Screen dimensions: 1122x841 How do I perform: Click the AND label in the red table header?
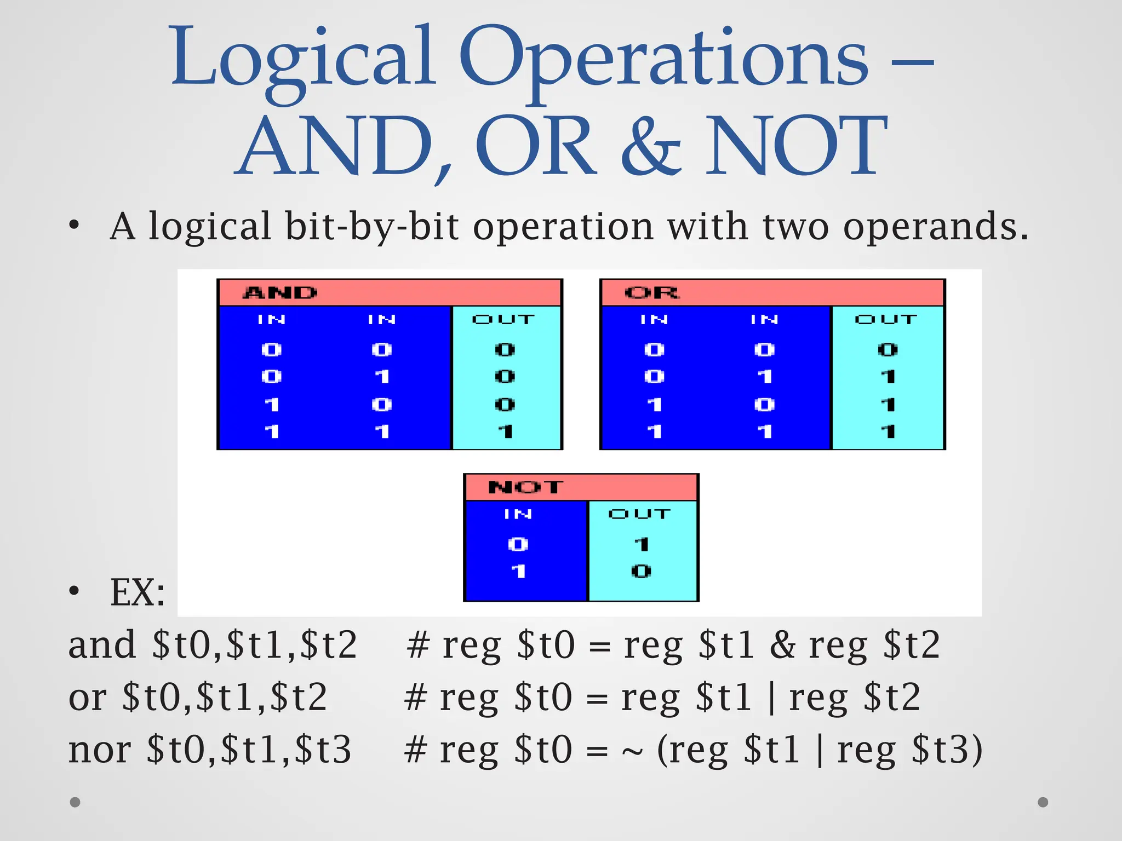pos(280,293)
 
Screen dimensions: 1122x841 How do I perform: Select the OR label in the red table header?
pos(651,293)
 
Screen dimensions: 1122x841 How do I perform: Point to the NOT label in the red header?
pos(525,487)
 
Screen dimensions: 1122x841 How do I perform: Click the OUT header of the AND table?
pos(503,319)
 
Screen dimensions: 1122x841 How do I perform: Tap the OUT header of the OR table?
pos(886,319)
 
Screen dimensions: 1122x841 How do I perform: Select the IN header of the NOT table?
pos(518,514)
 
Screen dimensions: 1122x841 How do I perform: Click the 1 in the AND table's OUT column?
pos(505,431)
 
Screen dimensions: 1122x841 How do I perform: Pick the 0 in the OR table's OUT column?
pos(888,349)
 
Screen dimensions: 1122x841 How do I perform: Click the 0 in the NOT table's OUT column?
pos(641,572)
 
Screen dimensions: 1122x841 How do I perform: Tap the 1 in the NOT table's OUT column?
pos(641,544)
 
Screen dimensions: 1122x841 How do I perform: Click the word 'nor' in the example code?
pos(99,750)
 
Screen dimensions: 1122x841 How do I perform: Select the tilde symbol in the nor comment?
pos(632,751)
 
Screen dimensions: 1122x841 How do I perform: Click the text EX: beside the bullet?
pos(138,592)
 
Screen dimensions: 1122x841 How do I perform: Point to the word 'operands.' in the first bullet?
pos(936,227)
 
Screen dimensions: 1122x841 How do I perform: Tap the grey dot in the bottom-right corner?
pos(1043,802)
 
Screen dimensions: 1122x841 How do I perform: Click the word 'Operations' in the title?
pos(663,57)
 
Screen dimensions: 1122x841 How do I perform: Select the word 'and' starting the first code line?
pos(102,645)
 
